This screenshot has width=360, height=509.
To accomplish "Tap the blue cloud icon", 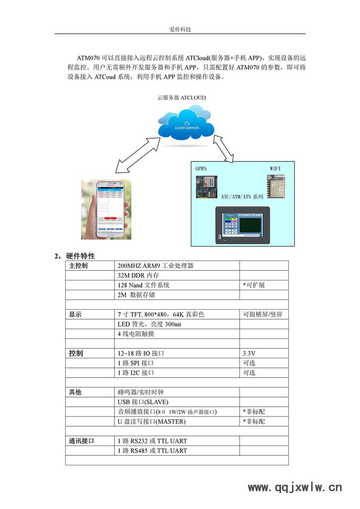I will pos(186,125).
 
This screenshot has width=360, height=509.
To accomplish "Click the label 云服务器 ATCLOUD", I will pos(181,98).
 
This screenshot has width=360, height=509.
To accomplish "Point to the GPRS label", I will pos(201,169).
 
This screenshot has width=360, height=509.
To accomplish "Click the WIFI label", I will pos(275,169).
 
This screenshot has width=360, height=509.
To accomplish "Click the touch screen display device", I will pos(242,226).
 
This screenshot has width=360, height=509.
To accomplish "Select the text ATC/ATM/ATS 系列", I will pos(242,197).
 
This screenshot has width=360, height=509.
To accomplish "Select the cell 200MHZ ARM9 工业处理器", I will pos(156,266).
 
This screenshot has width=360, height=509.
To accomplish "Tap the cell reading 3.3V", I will pos(249,353).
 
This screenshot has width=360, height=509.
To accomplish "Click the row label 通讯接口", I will pos(82,441).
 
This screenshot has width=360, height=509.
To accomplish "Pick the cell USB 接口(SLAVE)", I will pos(145,402).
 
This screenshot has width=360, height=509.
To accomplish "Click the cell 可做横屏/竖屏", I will pos(263,315).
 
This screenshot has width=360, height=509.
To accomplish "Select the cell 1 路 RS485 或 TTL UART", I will pos(153,451).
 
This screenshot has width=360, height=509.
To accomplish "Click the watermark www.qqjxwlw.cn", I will pos(295,488).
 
